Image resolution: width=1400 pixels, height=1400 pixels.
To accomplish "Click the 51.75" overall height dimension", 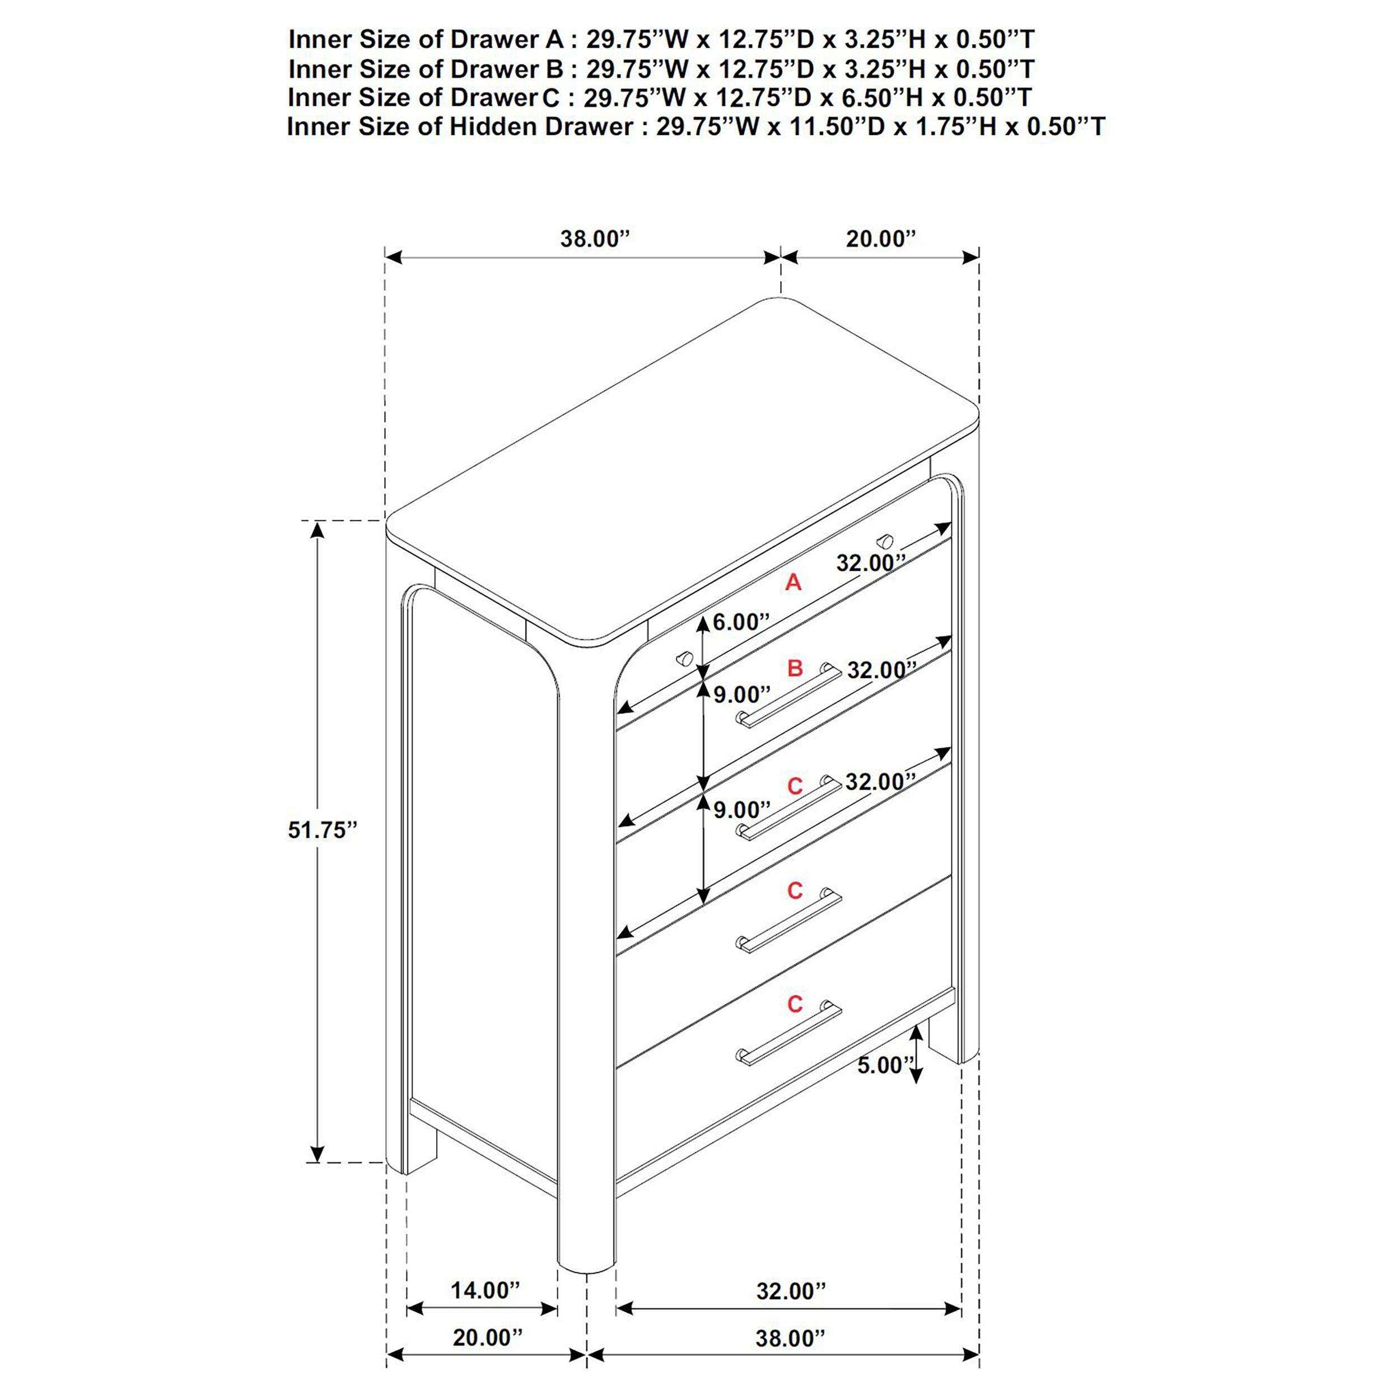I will pos(323,830).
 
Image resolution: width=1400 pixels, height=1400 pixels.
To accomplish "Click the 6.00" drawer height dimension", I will pos(740,622).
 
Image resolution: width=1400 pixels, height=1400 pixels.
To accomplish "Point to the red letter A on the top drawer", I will pos(794,582).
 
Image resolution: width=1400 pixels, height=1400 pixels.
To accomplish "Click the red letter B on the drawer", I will pos(795,668).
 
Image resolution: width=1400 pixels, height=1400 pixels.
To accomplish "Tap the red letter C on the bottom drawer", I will pos(795,1004).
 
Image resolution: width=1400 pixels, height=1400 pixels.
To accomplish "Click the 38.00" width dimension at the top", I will pos(595,239).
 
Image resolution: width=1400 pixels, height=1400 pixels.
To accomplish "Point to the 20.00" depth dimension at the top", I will pos(880,239).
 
